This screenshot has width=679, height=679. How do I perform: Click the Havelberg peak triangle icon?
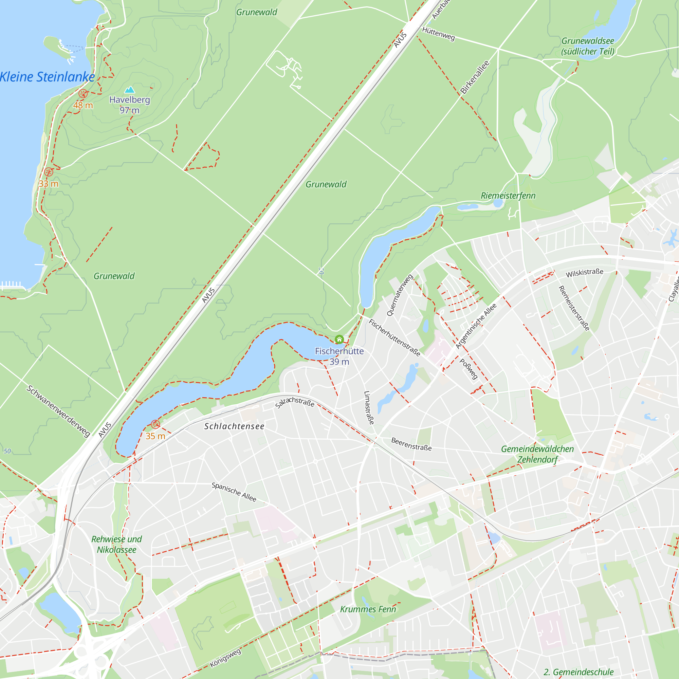pos(130,90)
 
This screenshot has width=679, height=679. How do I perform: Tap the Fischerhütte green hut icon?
pos(339,339)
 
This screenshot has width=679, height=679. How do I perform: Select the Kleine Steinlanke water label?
pos(47,77)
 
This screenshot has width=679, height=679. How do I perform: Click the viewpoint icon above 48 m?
pos(83,93)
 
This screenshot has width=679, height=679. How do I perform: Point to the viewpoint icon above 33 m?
pos(49,172)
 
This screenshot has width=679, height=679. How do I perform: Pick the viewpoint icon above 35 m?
pos(155,424)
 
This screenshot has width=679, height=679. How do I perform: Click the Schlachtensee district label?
pos(234,426)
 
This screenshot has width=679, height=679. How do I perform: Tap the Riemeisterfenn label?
pos(508,196)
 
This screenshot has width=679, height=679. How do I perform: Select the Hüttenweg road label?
pos(438,34)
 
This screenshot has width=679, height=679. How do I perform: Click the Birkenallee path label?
pos(475,77)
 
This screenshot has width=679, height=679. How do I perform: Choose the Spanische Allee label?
pos(234,492)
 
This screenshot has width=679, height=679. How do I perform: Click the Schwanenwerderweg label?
pos(58,411)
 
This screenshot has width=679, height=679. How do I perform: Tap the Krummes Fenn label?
pos(368,609)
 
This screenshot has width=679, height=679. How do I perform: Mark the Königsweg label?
pos(225,658)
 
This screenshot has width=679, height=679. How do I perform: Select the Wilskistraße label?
pos(585,273)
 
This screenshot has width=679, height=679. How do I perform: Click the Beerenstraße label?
pos(411,444)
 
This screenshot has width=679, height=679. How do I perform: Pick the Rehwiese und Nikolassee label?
pos(117,545)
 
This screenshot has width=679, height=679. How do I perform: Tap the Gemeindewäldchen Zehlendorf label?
pos(537,454)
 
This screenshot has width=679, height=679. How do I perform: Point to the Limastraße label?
pos(369,408)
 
